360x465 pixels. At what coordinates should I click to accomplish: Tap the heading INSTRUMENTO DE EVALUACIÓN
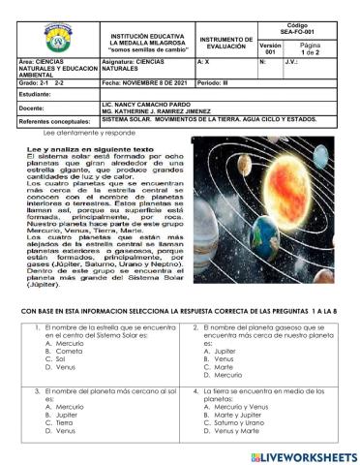pos(225,43)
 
